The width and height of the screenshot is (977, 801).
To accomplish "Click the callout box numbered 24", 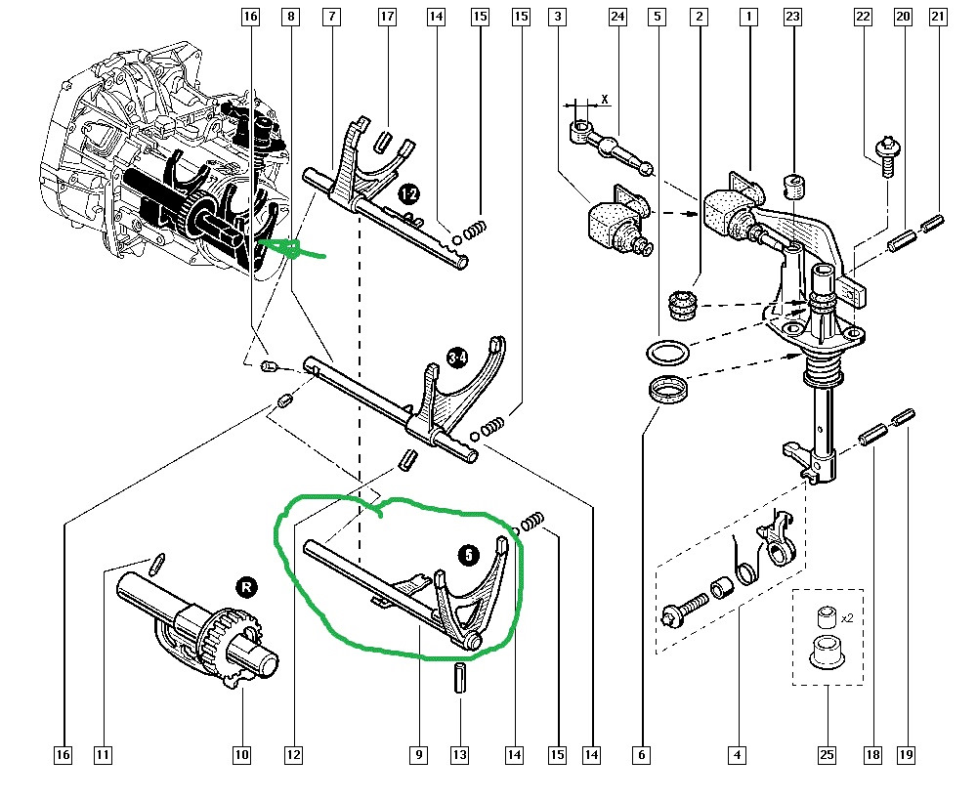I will pos(616,17).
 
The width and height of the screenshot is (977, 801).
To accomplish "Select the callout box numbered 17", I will pos(388,17).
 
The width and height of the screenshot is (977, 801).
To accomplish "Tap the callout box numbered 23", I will pos(792,17).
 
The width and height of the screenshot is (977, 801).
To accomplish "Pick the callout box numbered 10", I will pos(241,754).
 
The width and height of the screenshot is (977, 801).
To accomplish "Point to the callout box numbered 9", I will pos(418,754).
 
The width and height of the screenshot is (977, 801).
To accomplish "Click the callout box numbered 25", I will pos(827,754).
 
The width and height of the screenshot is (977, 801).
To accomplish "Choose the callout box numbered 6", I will pos(641,754).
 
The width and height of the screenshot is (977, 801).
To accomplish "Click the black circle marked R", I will pos(245,587).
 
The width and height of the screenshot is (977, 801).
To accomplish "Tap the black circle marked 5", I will pos(469,555).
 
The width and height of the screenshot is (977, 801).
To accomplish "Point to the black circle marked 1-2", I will pos(408,195).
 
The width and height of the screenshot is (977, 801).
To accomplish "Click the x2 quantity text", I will pos(845,616).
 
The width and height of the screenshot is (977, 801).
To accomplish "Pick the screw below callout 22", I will pos(887,157).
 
